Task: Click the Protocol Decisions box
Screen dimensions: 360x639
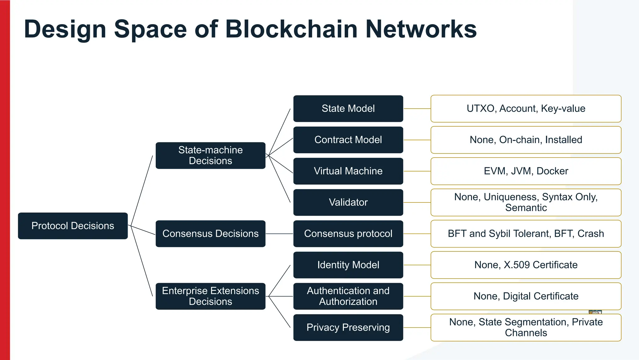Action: coord(73,226)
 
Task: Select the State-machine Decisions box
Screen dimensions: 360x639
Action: coord(210,155)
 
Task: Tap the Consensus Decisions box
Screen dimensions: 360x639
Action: coord(210,234)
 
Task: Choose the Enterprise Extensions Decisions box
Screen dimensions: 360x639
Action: coord(210,296)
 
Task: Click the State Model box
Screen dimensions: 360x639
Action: coord(348,109)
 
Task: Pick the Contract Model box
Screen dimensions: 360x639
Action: coord(348,140)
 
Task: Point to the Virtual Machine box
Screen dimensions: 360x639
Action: coord(348,171)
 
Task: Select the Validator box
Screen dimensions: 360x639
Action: coord(348,202)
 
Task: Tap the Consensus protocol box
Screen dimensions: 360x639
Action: coord(348,234)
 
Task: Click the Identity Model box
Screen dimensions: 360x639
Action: coord(348,265)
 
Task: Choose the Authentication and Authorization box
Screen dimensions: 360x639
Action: coord(348,296)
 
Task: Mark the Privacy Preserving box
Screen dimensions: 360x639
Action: coord(348,328)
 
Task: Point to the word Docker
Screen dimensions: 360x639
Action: coord(552,171)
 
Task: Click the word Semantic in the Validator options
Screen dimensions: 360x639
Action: coord(526,208)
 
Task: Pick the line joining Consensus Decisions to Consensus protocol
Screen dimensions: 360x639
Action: coord(279,234)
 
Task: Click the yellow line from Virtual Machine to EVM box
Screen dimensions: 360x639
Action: coord(417,171)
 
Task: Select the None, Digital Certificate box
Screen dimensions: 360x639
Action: coord(526,296)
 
